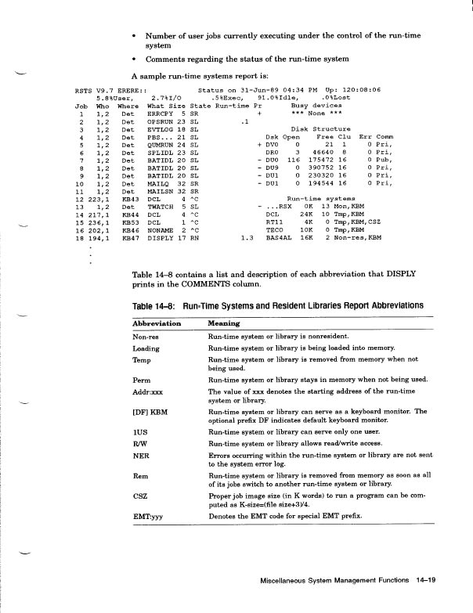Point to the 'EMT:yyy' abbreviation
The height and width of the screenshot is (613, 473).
click(148, 517)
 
